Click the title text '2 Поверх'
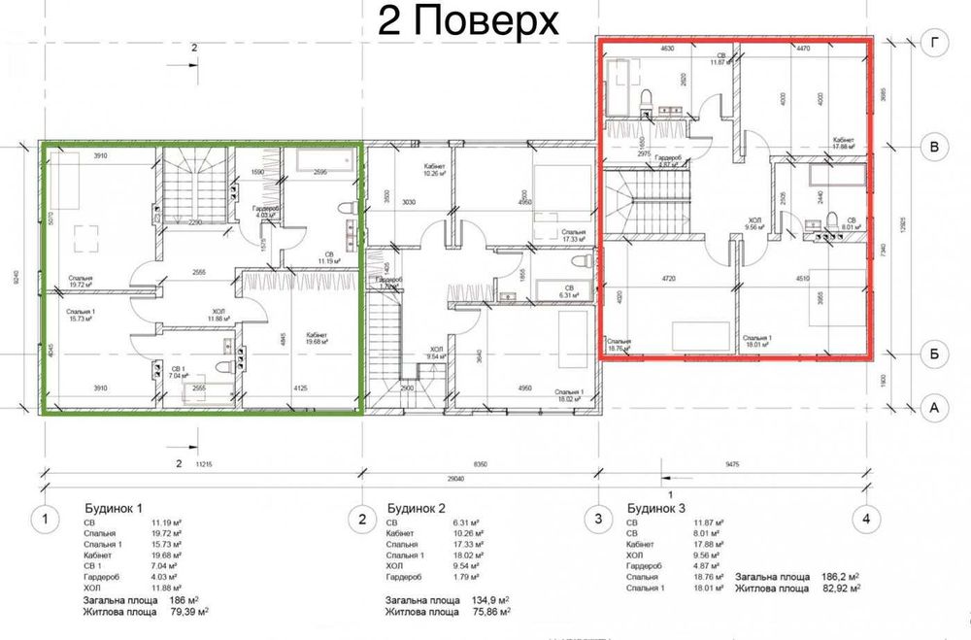coord(469,20)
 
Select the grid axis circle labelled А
coord(934,409)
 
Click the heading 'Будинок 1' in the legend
coord(114,508)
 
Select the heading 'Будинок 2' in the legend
coord(415,508)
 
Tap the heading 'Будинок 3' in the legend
coord(656,508)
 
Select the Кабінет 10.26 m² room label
coord(433,171)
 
